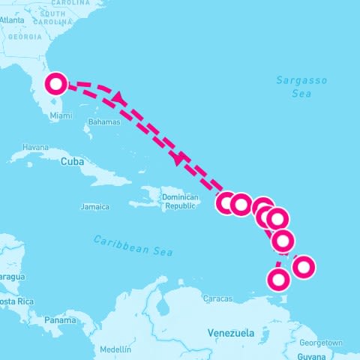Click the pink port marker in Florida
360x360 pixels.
pos(56,83)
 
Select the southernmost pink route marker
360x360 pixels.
pos(278,280)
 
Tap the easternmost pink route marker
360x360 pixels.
pos(304,265)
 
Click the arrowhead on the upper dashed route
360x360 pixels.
pos(118,97)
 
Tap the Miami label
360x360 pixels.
pos(61,115)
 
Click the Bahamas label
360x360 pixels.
pos(103,121)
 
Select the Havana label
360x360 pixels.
pos(35,147)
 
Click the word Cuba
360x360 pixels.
pos(71,161)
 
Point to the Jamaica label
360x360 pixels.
pos(94,206)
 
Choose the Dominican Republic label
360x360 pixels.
pos(181,202)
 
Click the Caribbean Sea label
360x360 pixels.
pos(133,245)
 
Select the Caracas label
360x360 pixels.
pos(217,298)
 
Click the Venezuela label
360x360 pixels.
pos(231,332)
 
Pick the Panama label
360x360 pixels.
pos(59,320)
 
